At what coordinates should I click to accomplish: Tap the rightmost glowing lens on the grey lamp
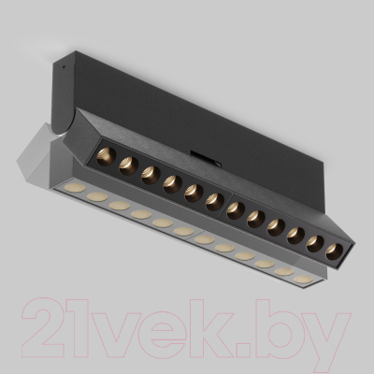(301, 279)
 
